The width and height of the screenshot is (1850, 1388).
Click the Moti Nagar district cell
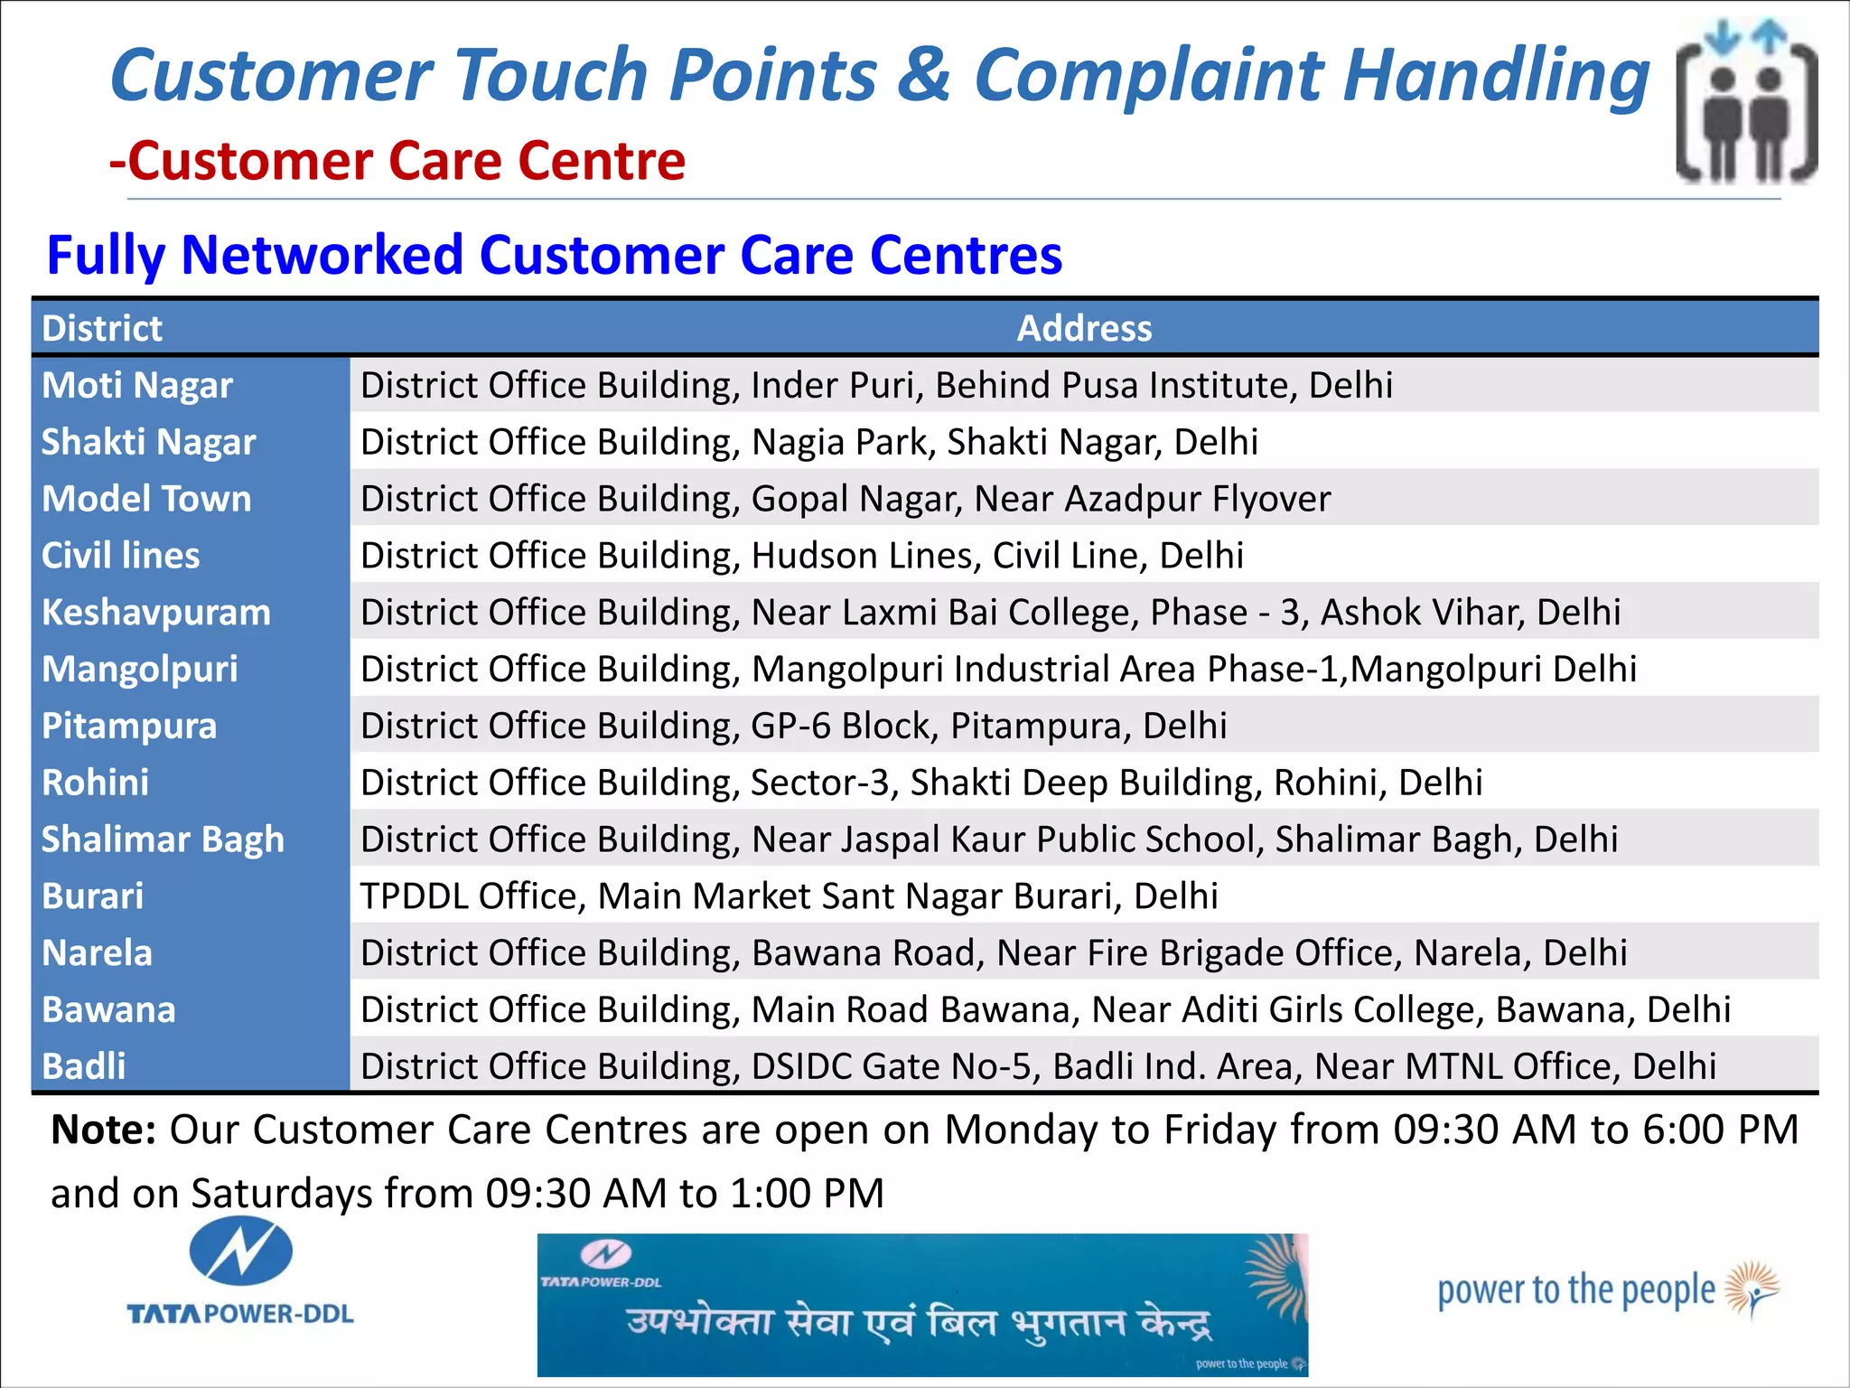click(137, 386)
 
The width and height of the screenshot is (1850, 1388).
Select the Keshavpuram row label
click(156, 613)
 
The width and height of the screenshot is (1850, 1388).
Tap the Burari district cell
click(93, 896)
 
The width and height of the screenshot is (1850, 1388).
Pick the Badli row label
click(84, 1066)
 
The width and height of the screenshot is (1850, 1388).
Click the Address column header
click(1084, 328)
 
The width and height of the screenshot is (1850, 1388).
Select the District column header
click(102, 328)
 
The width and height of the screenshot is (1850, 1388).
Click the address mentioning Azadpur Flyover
click(846, 499)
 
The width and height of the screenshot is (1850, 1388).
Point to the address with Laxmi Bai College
click(991, 613)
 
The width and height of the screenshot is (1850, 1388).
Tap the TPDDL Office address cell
click(790, 896)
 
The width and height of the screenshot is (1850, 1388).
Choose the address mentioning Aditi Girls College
click(1046, 1009)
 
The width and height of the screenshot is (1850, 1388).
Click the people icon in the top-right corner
click(1747, 101)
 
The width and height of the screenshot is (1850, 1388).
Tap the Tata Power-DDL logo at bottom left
click(240, 1271)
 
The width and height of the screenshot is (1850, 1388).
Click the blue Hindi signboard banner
click(922, 1305)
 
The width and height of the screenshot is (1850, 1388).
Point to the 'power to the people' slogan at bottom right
click(1608, 1290)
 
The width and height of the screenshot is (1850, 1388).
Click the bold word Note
click(104, 1130)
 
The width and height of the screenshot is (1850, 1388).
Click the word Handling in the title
click(1497, 76)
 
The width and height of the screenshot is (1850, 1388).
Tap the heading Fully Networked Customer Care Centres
click(555, 255)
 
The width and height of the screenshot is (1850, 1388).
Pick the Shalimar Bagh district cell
click(163, 839)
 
